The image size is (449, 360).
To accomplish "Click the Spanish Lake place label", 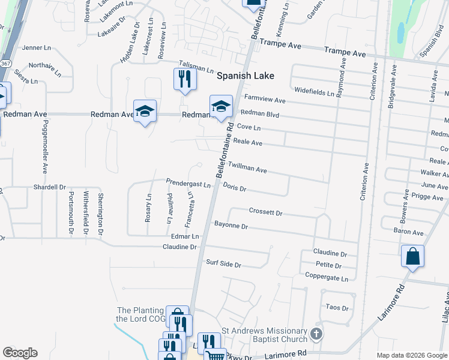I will tap(245, 76).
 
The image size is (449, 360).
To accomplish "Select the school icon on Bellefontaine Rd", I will tap(221, 106).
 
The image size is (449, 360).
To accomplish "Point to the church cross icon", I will tap(317, 334).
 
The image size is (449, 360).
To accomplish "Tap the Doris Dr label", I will tap(235, 188).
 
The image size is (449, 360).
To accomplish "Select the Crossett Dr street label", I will tap(265, 212).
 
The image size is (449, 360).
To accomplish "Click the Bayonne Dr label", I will tap(231, 226).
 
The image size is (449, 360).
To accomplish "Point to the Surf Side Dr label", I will tap(223, 264).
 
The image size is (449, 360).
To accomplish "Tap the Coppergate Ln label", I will tap(327, 278).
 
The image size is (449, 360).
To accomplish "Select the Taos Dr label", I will tap(337, 308).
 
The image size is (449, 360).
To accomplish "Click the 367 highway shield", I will tap(5, 62).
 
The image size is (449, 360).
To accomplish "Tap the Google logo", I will tap(20, 353).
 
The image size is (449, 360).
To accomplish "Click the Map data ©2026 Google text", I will tap(412, 355).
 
